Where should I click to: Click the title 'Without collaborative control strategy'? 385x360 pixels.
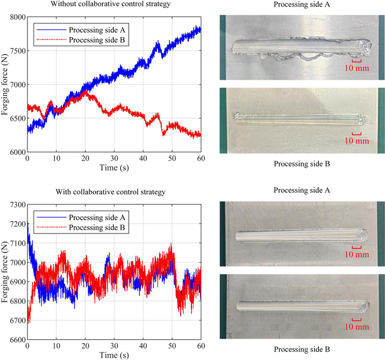pyautogui.click(x=113, y=5)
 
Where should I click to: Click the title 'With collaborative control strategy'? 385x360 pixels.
pyautogui.click(x=113, y=192)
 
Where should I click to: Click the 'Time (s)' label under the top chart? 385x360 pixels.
pyautogui.click(x=114, y=167)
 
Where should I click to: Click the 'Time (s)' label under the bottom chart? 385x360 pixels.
pyautogui.click(x=114, y=355)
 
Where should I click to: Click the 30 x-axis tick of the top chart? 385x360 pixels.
pyautogui.click(x=114, y=158)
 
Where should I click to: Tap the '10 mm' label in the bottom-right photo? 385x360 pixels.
pyautogui.click(x=360, y=326)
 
